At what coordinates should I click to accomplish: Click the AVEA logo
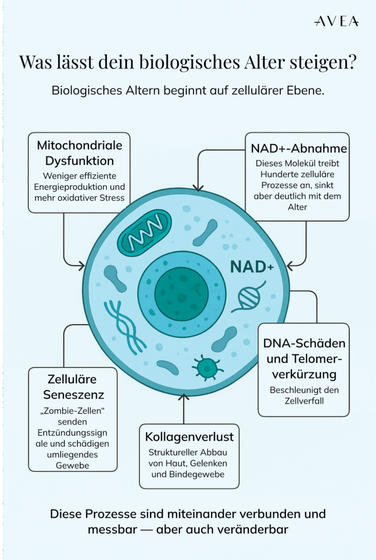tap(337, 21)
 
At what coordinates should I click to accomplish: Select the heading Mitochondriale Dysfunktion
tap(79, 153)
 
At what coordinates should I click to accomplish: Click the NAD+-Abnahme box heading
tap(298, 149)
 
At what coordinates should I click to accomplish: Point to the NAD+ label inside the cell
tap(251, 266)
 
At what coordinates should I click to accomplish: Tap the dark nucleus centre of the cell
tap(181, 294)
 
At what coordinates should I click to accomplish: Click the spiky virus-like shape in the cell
tap(207, 367)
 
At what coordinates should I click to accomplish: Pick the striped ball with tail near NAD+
tap(250, 298)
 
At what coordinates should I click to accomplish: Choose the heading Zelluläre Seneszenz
tap(73, 386)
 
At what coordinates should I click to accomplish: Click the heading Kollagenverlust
tap(189, 436)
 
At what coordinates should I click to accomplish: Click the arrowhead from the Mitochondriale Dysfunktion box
tap(81, 266)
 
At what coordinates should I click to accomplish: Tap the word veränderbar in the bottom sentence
tap(248, 530)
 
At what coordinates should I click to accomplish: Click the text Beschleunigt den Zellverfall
tap(304, 396)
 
